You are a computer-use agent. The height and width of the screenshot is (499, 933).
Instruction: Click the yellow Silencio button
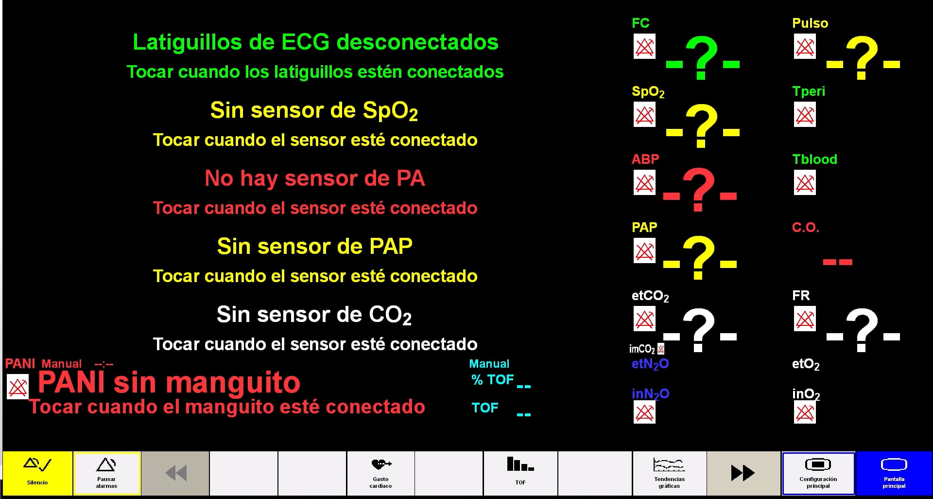tap(37, 473)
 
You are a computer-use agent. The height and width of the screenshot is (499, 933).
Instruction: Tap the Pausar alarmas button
tap(107, 473)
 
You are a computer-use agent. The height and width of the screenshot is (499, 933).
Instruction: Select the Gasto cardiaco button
tap(380, 473)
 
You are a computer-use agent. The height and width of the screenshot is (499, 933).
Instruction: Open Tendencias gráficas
tap(669, 473)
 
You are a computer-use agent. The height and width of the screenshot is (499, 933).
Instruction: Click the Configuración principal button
tap(818, 473)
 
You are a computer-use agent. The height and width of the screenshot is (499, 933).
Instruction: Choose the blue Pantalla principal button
tap(894, 473)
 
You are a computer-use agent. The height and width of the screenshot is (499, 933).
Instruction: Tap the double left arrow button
tap(175, 473)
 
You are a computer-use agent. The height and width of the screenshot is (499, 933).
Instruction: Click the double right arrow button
tap(743, 473)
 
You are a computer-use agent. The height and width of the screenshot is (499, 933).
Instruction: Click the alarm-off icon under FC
tap(644, 47)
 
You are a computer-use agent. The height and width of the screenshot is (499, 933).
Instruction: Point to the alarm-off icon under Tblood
tap(805, 183)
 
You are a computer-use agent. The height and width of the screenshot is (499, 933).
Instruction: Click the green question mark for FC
tap(701, 57)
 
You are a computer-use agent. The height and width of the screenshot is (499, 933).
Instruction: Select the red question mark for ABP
tap(698, 190)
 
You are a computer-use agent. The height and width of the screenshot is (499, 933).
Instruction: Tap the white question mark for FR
tap(862, 330)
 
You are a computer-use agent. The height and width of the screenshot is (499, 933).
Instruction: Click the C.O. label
tap(805, 228)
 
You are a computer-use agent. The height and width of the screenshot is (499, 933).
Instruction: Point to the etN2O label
tap(650, 364)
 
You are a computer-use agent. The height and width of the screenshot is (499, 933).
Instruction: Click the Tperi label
tap(808, 91)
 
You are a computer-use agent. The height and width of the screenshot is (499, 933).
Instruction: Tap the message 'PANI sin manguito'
tap(169, 382)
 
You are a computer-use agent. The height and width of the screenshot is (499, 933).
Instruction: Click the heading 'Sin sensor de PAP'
tap(314, 246)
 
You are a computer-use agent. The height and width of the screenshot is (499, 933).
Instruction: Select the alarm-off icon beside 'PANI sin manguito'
tap(17, 387)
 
